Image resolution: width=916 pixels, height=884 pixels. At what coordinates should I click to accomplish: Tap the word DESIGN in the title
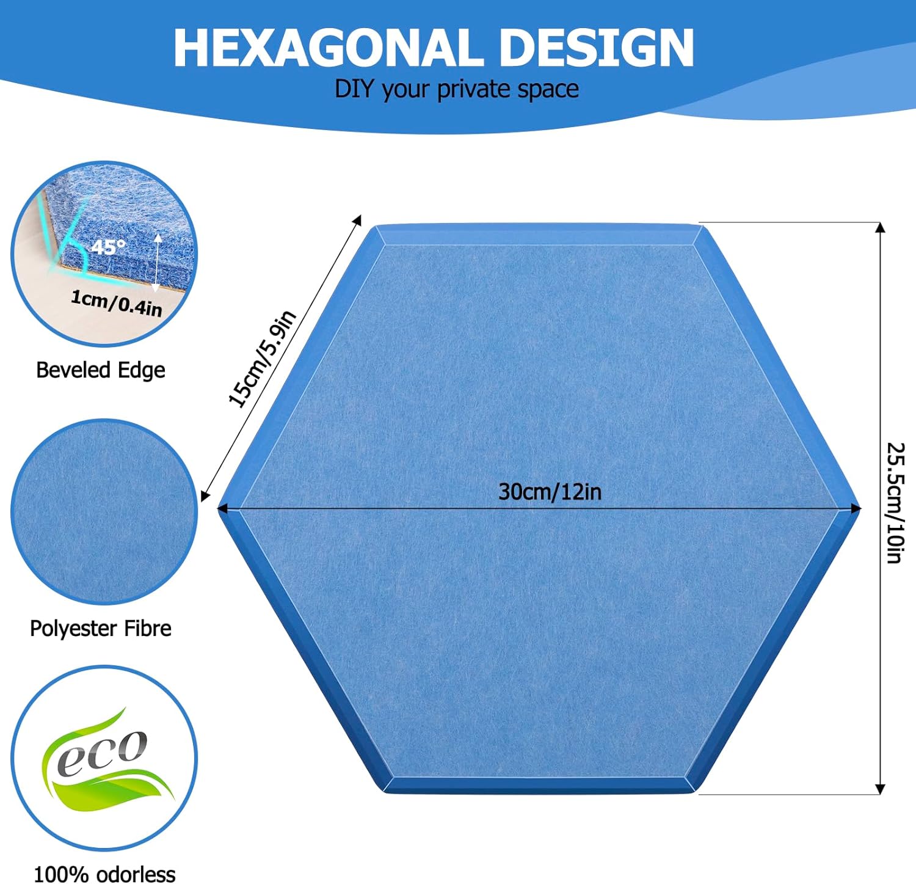click(597, 48)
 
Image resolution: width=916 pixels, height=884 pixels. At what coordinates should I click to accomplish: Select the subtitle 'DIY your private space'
click(457, 89)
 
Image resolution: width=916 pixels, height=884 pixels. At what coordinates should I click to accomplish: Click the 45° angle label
click(108, 247)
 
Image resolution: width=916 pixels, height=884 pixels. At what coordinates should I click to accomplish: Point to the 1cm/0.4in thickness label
click(117, 303)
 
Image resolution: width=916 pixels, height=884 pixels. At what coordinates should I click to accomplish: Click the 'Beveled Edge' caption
click(101, 370)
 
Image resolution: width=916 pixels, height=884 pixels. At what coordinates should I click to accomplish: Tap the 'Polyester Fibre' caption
click(101, 628)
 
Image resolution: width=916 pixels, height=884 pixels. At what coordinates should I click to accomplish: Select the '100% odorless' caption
click(104, 874)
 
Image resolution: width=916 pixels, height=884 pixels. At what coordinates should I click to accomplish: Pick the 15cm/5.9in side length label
click(262, 358)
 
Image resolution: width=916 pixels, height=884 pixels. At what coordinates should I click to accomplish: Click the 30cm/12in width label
click(550, 492)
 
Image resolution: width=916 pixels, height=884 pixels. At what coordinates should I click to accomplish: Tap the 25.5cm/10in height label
click(895, 503)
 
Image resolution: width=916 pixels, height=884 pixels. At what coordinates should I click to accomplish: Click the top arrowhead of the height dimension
click(880, 228)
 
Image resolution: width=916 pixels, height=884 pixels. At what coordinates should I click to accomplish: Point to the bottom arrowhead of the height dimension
click(880, 789)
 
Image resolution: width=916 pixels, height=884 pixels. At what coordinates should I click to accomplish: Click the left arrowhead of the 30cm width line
click(223, 508)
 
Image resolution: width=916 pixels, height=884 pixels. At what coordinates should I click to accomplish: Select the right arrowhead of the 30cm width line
click(856, 508)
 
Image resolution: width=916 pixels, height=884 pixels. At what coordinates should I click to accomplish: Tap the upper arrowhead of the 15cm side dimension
click(357, 221)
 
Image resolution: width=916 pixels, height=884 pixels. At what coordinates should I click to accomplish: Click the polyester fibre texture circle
click(104, 512)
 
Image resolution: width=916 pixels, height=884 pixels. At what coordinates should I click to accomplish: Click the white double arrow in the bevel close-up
click(157, 261)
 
